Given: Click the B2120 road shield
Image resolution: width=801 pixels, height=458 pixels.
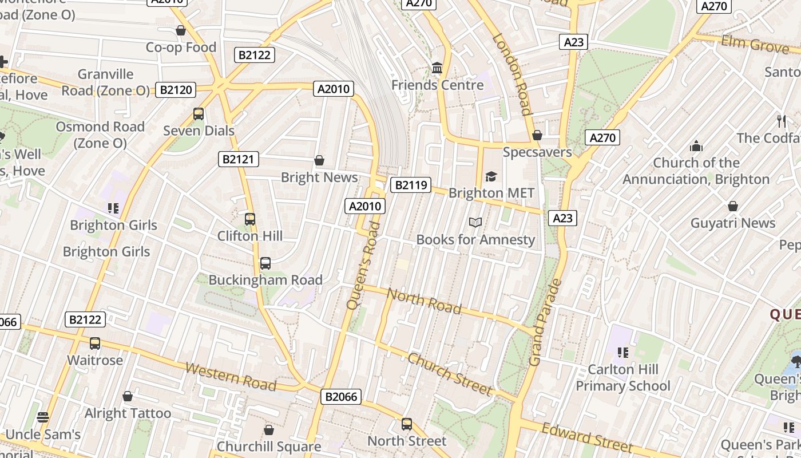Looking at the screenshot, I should [176, 89].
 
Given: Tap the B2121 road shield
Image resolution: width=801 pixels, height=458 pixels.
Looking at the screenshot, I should [238, 159].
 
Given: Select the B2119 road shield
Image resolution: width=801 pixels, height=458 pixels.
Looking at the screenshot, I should [410, 184].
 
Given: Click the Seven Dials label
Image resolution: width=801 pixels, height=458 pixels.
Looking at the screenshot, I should [199, 131].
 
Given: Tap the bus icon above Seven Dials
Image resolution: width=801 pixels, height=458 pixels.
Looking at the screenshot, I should [199, 113].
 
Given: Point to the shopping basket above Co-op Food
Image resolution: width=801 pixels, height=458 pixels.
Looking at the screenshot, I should [181, 30].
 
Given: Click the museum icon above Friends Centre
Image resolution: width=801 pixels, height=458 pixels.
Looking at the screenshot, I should [437, 68].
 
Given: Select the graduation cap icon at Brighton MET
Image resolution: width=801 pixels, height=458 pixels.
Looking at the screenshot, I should [491, 176].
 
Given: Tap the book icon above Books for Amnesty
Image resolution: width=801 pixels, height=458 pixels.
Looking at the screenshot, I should [475, 222].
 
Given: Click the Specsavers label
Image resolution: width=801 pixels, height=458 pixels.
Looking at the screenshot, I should [537, 152].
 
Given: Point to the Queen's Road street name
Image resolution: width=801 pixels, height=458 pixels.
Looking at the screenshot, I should [364, 266].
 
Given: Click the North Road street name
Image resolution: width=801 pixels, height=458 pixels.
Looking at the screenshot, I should [424, 301].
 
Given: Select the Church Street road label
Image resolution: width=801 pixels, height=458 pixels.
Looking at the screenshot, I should [450, 374].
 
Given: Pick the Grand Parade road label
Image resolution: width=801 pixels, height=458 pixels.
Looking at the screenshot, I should [545, 323].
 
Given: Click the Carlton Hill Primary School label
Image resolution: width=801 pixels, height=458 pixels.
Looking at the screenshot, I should [622, 377].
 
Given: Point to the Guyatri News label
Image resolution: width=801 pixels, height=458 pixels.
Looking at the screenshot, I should [733, 223].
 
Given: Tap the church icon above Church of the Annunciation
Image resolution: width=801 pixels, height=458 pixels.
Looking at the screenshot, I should [696, 146].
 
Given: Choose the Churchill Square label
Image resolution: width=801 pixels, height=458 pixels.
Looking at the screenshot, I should [269, 447].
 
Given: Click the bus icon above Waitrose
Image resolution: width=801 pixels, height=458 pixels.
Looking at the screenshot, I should [95, 343].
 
